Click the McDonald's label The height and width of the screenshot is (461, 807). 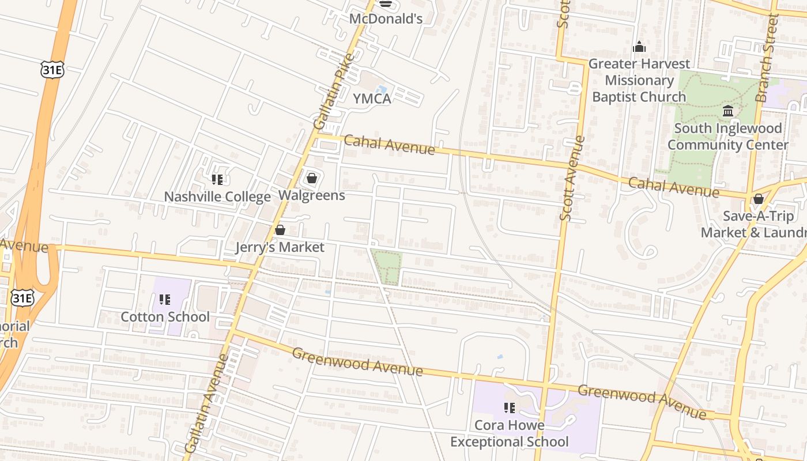tap(386, 18)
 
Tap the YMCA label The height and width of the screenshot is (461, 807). tap(372, 99)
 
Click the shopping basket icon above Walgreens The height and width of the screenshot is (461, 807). tap(312, 178)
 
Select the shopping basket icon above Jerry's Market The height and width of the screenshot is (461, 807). tap(280, 230)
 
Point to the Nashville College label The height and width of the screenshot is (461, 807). tap(217, 197)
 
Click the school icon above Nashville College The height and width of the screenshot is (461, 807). tap(217, 180)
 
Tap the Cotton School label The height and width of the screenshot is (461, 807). tap(165, 317)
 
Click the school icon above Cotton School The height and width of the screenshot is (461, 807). tap(165, 300)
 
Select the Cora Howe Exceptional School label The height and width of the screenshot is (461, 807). tap(509, 434)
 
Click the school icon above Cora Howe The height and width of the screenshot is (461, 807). tap(510, 408)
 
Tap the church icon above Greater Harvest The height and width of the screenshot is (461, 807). tap(639, 47)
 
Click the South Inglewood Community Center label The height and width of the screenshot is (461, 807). tap(727, 137)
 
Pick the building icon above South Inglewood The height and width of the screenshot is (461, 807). tap(728, 111)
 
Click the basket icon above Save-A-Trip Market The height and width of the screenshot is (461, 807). tap(759, 199)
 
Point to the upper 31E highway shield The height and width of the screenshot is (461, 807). tap(52, 70)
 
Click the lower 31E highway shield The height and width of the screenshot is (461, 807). tap(22, 297)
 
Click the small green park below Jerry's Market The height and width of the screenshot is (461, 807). tap(387, 266)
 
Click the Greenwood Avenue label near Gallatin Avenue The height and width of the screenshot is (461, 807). tap(357, 361)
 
